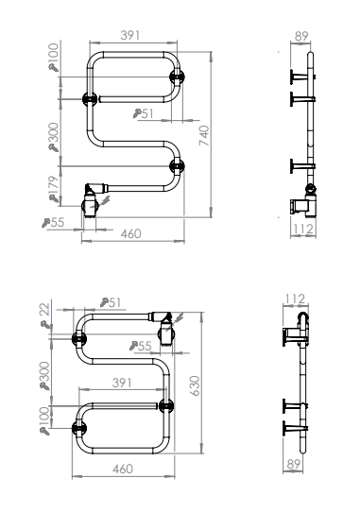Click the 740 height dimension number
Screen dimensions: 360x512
pyautogui.click(x=203, y=135)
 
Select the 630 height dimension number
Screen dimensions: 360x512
pyautogui.click(x=195, y=385)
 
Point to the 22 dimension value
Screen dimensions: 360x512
pyautogui.click(x=45, y=309)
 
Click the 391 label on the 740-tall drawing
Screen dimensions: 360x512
pyautogui.click(x=130, y=35)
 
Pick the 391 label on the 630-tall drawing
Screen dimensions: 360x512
pyautogui.click(x=122, y=383)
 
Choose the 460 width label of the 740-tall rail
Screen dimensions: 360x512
pyautogui.click(x=131, y=233)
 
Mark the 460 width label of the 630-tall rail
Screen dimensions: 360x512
pyautogui.click(x=123, y=469)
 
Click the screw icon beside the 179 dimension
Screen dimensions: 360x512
pyautogui.click(x=54, y=198)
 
